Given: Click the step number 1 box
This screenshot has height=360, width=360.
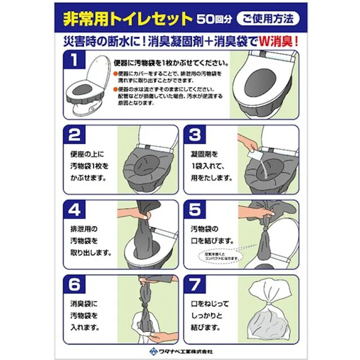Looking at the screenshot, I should pos(74,61).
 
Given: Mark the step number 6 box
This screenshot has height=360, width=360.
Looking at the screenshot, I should pos(74,285).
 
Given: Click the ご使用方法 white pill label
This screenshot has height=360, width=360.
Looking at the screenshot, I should pos(268,19).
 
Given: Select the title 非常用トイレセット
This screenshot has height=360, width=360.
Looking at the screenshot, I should pos(128,19).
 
